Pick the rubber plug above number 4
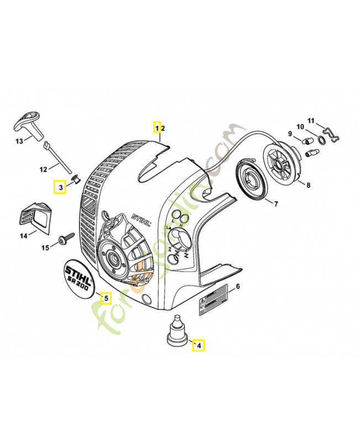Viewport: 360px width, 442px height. pyautogui.click(x=177, y=332)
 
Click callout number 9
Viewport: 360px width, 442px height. pyautogui.click(x=290, y=133)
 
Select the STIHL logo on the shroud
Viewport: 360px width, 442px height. pyautogui.click(x=142, y=219)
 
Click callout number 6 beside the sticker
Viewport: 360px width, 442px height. pyautogui.click(x=237, y=286)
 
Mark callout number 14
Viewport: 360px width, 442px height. pyautogui.click(x=24, y=236)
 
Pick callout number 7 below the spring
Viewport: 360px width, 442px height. pyautogui.click(x=276, y=203)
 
